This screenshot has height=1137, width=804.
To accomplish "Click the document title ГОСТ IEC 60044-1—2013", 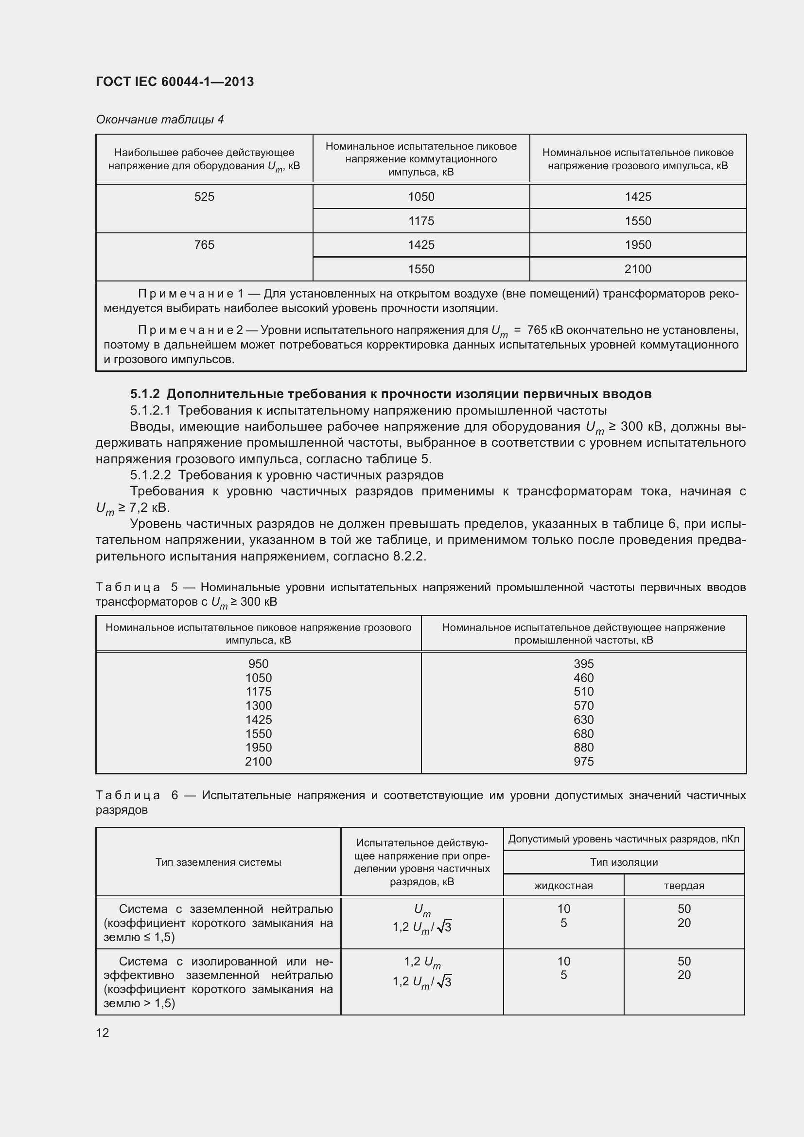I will point(175,82).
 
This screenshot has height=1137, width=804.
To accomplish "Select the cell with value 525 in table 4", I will point(204,197).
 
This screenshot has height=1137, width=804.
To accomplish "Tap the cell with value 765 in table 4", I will point(204,245).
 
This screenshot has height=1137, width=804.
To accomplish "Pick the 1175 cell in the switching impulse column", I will point(421,221).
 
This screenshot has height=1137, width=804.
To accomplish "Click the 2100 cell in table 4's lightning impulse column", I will point(638,269).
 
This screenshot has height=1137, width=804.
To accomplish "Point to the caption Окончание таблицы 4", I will point(159,120).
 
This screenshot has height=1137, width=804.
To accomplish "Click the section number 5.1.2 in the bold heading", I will point(144,394).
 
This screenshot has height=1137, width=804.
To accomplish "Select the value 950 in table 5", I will point(259,664).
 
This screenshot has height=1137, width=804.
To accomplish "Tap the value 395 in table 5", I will point(584,664).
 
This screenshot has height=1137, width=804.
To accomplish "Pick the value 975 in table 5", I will point(584,762).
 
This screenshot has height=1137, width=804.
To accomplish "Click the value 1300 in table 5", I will point(259,706).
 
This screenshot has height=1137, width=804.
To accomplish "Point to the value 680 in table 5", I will point(584,734).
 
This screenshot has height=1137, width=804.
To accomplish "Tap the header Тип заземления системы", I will point(218,862).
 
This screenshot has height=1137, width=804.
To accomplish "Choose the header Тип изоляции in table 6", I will point(624,862).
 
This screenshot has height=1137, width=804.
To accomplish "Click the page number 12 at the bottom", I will point(103,1033).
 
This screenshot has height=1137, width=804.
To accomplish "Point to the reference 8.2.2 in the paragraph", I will point(408,557).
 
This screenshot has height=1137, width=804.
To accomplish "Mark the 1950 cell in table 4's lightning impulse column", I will point(638,245).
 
